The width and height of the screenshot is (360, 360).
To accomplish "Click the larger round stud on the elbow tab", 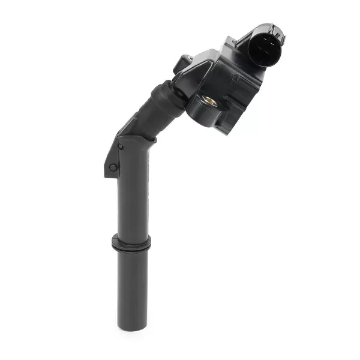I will click(113, 167).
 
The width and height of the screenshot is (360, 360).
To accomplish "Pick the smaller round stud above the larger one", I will click(120, 146).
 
